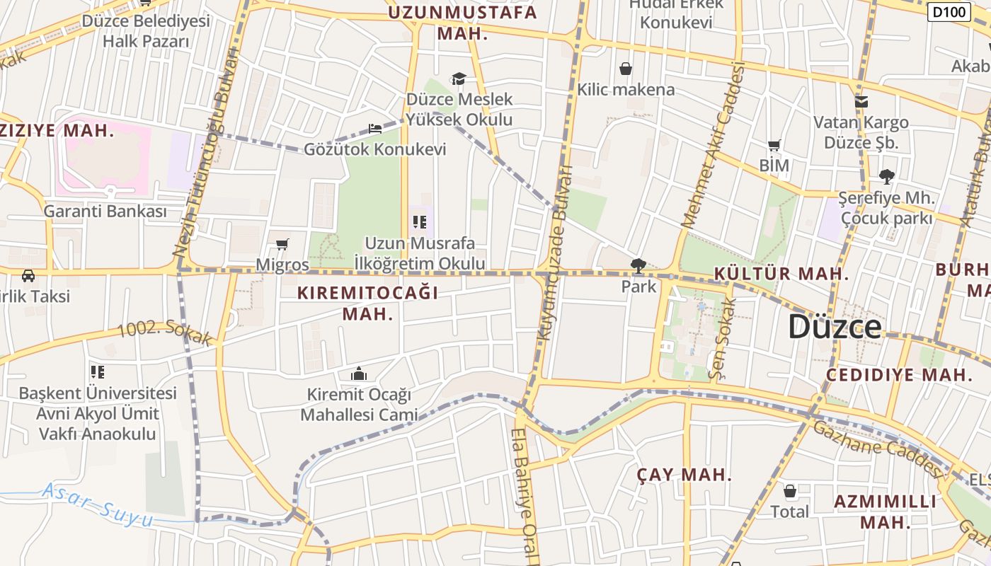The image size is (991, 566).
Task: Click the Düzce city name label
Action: click(835, 327)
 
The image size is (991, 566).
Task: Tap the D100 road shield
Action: click(949, 11)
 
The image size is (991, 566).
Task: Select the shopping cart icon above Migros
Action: click(282, 245)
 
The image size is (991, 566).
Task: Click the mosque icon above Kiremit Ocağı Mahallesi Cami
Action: click(359, 374)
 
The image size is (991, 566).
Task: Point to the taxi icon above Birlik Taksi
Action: click(28, 275)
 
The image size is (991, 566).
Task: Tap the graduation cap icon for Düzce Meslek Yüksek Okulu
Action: click(459, 79)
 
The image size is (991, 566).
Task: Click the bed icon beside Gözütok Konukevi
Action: click(375, 129)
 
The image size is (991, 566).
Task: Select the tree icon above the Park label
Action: click(638, 266)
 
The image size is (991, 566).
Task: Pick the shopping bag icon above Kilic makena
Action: click(626, 69)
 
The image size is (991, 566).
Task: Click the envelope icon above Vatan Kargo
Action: click(861, 102)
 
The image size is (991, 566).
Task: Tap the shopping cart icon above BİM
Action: click(774, 146)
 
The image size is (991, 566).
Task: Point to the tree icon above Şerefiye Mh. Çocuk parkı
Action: click(886, 176)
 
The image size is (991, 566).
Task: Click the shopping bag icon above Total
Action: click(790, 491)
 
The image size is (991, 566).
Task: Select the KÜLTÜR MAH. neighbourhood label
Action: click(781, 274)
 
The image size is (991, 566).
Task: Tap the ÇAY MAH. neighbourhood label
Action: click(684, 475)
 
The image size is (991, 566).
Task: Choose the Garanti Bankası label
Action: click(105, 211)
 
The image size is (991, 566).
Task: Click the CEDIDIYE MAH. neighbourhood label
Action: click(900, 375)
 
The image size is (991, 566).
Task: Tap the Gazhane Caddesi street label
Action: click(878, 446)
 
